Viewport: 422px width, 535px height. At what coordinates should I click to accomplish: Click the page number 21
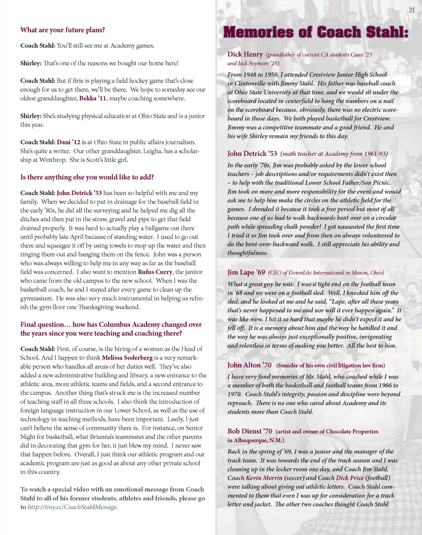412,10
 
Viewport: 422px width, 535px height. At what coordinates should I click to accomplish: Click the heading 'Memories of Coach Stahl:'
316,33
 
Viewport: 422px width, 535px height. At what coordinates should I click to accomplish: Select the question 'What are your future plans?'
62,30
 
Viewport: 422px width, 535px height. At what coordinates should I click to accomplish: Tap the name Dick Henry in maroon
245,55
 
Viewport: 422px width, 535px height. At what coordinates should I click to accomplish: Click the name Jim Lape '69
246,273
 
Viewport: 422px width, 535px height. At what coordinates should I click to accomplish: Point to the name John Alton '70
249,365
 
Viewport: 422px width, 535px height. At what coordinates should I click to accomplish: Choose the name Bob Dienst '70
250,431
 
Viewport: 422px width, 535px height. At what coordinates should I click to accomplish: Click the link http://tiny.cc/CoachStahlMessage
73,507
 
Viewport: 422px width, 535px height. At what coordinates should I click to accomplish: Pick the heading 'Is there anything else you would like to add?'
87,178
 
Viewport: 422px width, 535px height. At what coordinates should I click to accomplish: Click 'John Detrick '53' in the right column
252,154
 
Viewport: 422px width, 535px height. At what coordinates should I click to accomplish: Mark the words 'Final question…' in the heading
45,324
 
